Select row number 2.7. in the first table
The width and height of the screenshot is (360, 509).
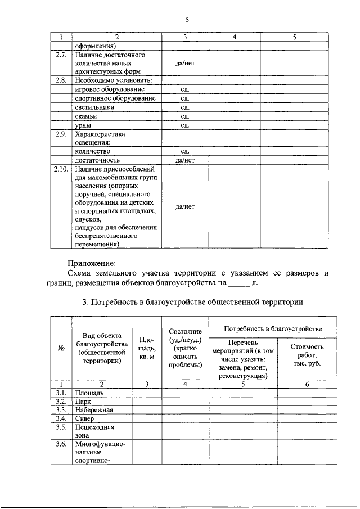click(x=61, y=55)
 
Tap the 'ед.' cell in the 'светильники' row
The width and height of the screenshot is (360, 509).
click(x=185, y=107)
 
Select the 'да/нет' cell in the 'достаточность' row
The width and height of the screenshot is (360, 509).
click(x=185, y=160)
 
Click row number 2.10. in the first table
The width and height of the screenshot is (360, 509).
click(x=61, y=169)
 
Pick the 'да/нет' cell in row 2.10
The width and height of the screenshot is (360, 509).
click(x=185, y=206)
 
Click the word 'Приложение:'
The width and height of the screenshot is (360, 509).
click(x=92, y=263)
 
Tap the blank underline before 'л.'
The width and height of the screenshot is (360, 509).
click(x=239, y=283)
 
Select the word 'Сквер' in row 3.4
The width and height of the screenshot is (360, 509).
click(x=85, y=418)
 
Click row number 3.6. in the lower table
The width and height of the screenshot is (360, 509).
click(x=61, y=444)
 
